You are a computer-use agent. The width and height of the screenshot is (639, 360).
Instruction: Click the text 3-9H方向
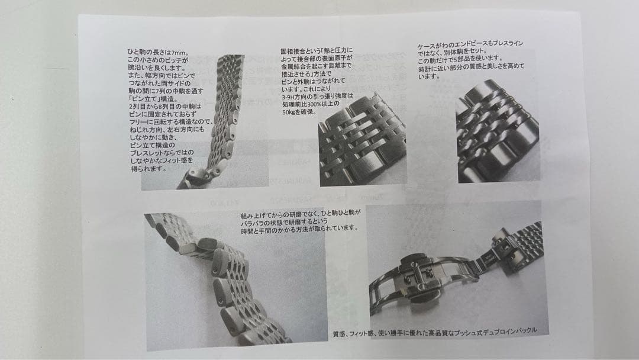click(295, 96)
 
